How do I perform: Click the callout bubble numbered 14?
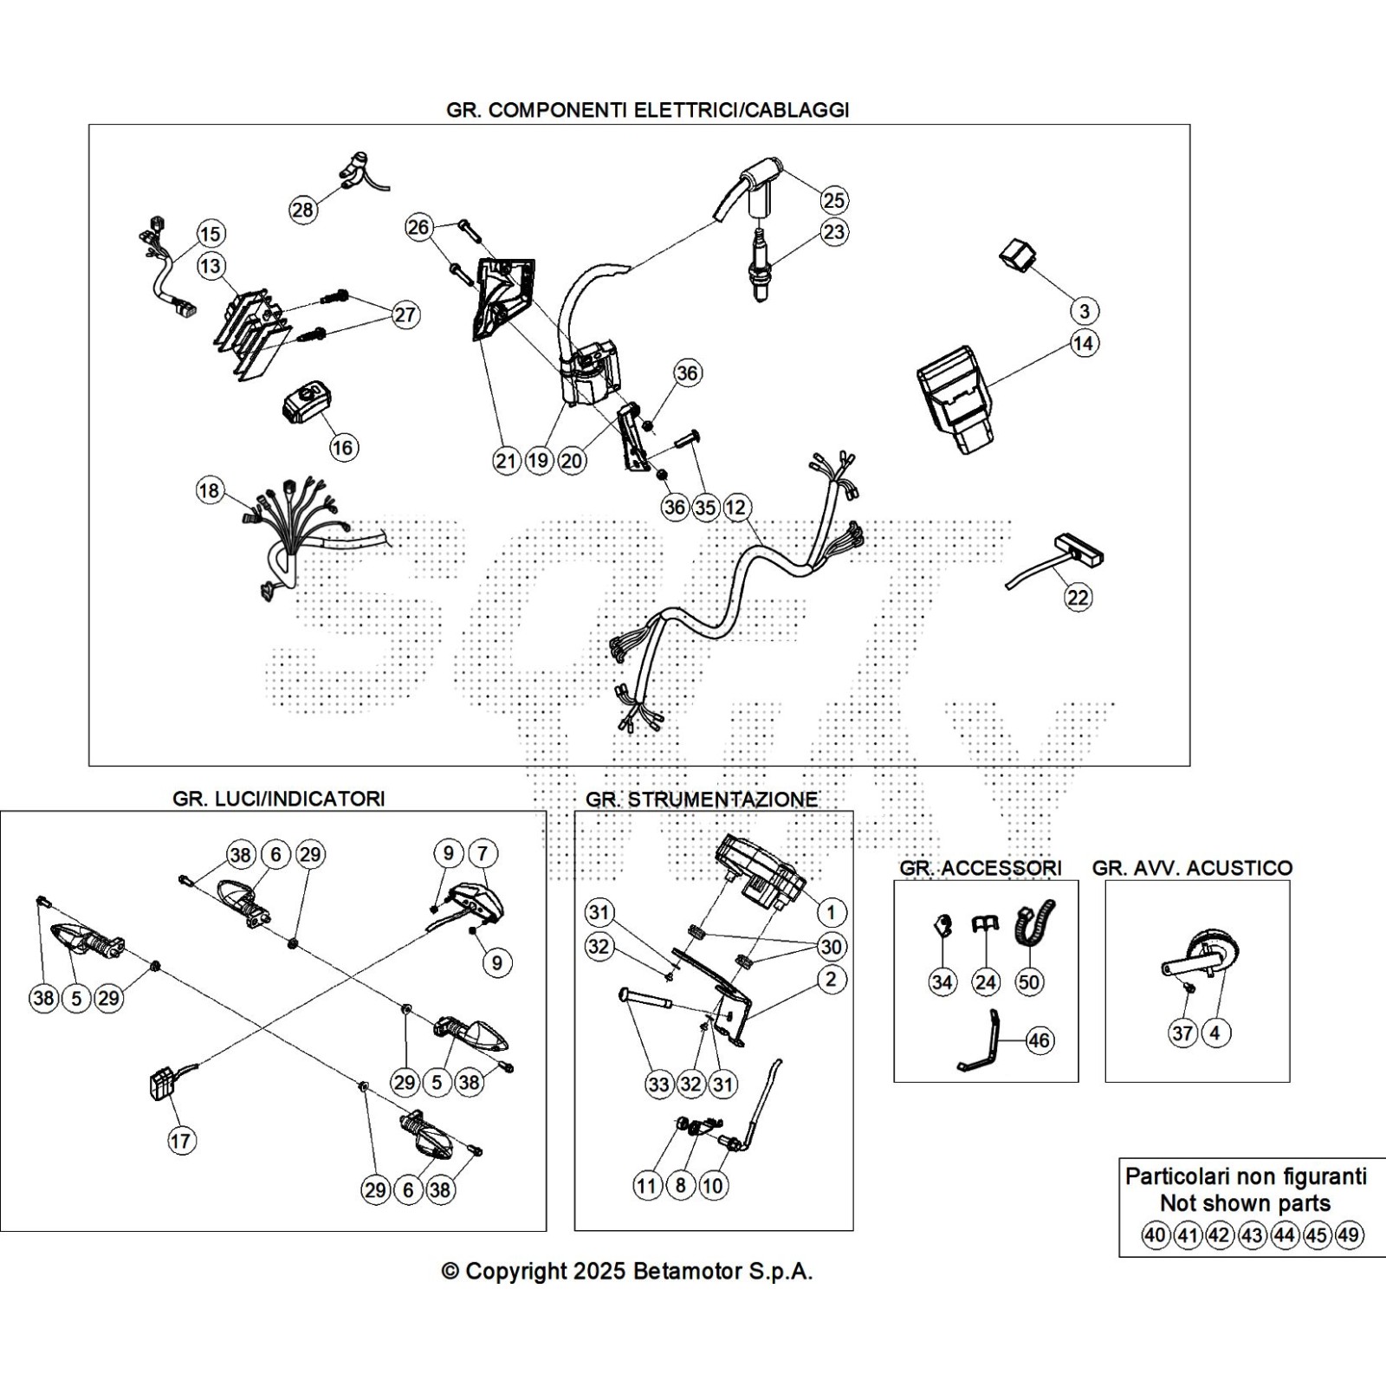click(x=1084, y=343)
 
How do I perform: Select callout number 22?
click(x=1078, y=597)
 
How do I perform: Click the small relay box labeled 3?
click(x=1019, y=256)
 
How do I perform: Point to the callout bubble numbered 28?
click(x=302, y=210)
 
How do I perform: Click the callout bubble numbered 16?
click(x=343, y=447)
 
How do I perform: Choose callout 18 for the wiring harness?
click(x=209, y=491)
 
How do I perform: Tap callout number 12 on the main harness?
click(x=735, y=508)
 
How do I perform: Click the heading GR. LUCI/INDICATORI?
click(x=278, y=798)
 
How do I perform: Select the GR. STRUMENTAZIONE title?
click(x=701, y=799)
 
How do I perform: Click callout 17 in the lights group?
click(x=180, y=1141)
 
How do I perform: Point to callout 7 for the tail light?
click(x=483, y=853)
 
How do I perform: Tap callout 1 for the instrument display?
click(x=831, y=911)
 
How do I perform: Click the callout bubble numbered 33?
click(x=658, y=1084)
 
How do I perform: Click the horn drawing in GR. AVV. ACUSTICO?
click(x=1201, y=957)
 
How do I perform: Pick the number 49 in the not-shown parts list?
click(x=1348, y=1234)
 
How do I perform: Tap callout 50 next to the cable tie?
click(x=1029, y=981)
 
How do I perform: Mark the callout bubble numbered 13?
click(x=210, y=265)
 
